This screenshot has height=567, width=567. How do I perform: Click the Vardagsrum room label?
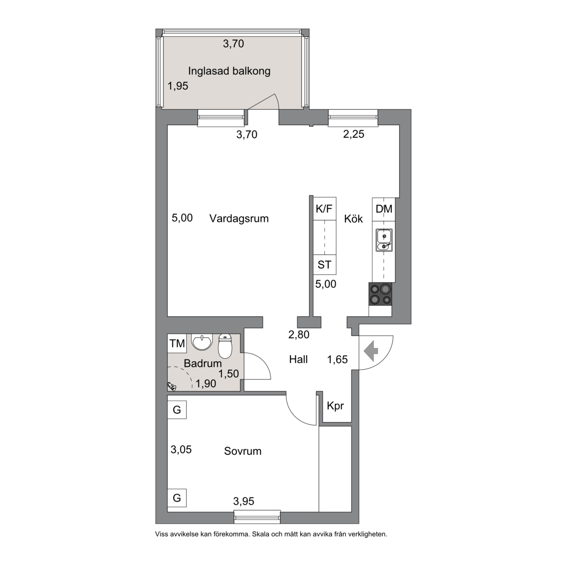pyautogui.click(x=239, y=219)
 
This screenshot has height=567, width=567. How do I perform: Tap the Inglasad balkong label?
pyautogui.click(x=229, y=71)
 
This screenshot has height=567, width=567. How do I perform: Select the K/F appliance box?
pyautogui.click(x=324, y=209)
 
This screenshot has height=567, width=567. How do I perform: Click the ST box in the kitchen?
pyautogui.click(x=324, y=265)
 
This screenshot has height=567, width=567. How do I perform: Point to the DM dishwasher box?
pyautogui.click(x=384, y=209)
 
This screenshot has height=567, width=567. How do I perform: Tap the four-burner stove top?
pyautogui.click(x=380, y=294)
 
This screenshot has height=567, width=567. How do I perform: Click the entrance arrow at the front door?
pyautogui.click(x=371, y=351)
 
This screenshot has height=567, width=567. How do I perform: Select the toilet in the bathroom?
pyautogui.click(x=225, y=346)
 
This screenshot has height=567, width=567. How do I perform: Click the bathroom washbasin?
pyautogui.click(x=202, y=342)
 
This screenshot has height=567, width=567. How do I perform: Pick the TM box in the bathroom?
pyautogui.click(x=177, y=343)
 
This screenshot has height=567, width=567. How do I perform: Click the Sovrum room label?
pyautogui.click(x=243, y=451)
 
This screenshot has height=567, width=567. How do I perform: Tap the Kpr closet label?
pyautogui.click(x=335, y=406)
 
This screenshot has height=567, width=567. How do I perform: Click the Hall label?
pyautogui.click(x=298, y=359)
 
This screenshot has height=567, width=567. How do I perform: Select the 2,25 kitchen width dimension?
pyautogui.click(x=354, y=134)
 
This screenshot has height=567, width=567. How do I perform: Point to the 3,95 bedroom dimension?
pyautogui.click(x=244, y=501)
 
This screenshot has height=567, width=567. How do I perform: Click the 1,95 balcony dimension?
pyautogui.click(x=178, y=86)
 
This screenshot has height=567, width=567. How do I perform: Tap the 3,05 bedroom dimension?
pyautogui.click(x=181, y=449)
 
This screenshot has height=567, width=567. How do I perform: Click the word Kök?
pyautogui.click(x=353, y=219)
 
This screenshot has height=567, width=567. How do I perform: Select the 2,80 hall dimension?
pyautogui.click(x=299, y=335)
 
